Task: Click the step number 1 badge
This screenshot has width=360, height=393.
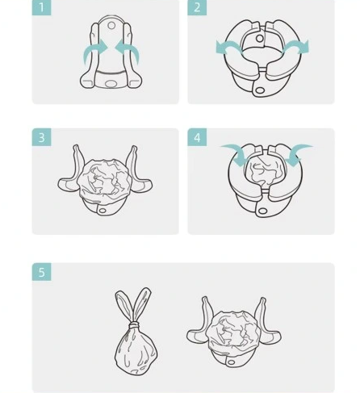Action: coord(41,7)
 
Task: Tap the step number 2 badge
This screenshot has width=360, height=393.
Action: coord(197,7)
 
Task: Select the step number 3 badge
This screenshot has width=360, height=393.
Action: coord(41,137)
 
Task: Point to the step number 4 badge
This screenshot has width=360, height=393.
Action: coord(197,137)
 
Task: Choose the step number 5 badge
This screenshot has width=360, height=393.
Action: coord(41,272)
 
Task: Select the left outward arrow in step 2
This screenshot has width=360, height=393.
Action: coord(228,47)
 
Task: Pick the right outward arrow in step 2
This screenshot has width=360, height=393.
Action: coord(296,47)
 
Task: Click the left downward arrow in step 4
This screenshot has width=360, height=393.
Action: coord(237,153)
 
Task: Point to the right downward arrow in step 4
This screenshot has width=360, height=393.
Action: coord(296,153)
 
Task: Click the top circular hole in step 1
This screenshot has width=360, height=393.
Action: coord(111,26)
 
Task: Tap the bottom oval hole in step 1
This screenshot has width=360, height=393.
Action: coord(111,84)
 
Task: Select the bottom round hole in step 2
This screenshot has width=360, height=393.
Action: coord(260,90)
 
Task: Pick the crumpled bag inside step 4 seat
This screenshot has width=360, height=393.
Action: coord(265,172)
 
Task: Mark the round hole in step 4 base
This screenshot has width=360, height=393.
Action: coord(262,211)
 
